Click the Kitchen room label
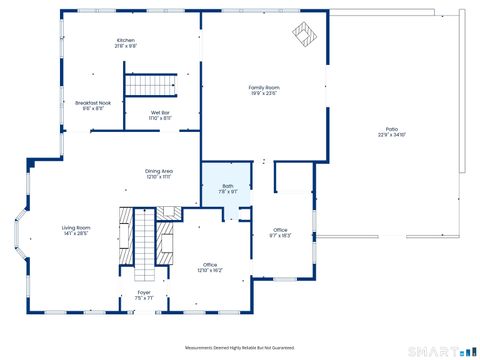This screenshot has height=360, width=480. pyautogui.click(x=125, y=40)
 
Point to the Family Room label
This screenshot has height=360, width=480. pyautogui.click(x=264, y=88)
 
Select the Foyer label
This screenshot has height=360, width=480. pyautogui.click(x=144, y=292)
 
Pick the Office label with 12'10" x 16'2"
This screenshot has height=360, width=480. pyautogui.click(x=210, y=264)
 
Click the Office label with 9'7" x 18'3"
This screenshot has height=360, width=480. pyautogui.click(x=280, y=231)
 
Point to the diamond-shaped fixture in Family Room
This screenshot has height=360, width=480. pyautogui.click(x=304, y=35)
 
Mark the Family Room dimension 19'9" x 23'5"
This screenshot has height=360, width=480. pyautogui.click(x=264, y=94)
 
